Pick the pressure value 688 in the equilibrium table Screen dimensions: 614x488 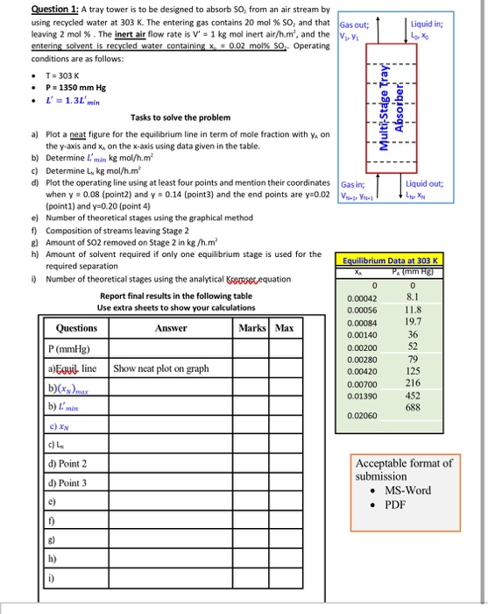[x=437, y=408]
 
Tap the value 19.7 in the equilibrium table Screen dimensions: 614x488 [x=436, y=322]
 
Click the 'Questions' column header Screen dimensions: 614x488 [x=76, y=328]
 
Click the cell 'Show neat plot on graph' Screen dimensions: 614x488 [x=161, y=368]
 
